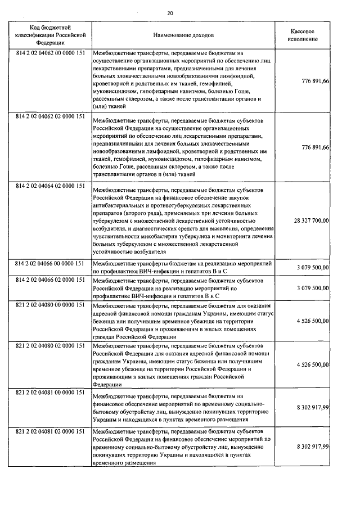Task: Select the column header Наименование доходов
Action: click(x=183, y=35)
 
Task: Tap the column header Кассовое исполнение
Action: click(x=305, y=35)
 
